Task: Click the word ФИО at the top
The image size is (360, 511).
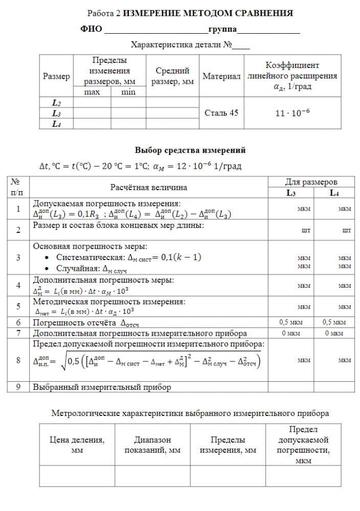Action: click(92, 29)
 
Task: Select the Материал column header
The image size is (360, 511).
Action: click(221, 76)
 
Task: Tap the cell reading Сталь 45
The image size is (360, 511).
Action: click(221, 112)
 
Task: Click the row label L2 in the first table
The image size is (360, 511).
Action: click(56, 102)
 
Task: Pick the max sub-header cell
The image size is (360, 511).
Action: click(92, 92)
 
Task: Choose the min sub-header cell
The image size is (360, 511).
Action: click(128, 92)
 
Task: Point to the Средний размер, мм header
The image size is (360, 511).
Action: click(172, 76)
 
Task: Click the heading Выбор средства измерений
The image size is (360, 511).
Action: click(190, 150)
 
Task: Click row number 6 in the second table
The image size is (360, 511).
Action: click(18, 322)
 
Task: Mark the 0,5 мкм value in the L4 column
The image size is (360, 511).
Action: click(334, 322)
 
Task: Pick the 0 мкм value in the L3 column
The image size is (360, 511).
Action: click(290, 333)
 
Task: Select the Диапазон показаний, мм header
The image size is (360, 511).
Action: click(153, 445)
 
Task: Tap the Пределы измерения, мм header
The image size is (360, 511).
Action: click(228, 445)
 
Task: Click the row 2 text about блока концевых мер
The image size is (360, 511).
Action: click(118, 225)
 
